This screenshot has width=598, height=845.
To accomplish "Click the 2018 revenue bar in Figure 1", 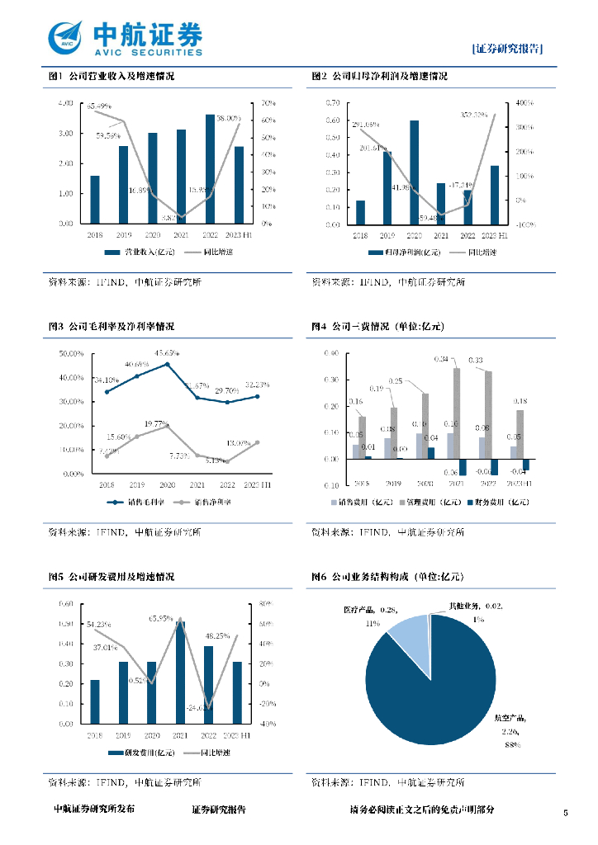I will (95, 200).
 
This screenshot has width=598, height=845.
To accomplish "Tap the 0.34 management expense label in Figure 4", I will (442, 359).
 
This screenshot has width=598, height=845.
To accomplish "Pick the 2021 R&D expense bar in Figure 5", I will (180, 673).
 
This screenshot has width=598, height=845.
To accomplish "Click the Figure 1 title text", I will (111, 76).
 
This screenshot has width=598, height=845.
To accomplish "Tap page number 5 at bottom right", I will (565, 814).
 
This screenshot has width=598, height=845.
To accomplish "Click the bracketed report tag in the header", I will (508, 49).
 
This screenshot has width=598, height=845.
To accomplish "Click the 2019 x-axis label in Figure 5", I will (123, 734).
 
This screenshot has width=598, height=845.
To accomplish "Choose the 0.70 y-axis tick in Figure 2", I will (332, 103).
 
